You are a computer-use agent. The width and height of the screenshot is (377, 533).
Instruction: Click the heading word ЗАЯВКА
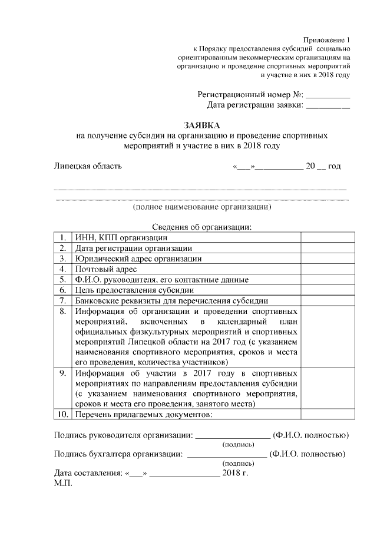[x=201, y=125]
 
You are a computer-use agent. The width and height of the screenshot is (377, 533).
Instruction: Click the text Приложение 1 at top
[x=327, y=39]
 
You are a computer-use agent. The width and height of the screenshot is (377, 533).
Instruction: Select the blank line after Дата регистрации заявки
[x=328, y=105]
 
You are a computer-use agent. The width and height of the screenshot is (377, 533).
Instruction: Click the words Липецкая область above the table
[x=88, y=166]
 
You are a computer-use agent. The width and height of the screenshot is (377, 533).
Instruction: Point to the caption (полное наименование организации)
[x=201, y=207]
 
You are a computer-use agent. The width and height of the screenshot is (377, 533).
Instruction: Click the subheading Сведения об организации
[x=202, y=227]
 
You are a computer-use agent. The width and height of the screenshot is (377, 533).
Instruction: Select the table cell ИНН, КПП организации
[x=120, y=237]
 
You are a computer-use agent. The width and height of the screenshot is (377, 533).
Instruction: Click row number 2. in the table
[x=62, y=248]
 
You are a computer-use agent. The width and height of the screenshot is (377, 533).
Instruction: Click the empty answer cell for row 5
[x=327, y=280]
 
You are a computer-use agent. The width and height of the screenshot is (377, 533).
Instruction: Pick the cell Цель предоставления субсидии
[x=134, y=290]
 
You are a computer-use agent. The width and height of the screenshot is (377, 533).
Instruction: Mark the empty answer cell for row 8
[x=327, y=336]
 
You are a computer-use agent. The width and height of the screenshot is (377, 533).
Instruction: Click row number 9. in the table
[x=62, y=373]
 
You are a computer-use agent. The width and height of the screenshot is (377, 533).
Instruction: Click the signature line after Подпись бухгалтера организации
[x=226, y=455]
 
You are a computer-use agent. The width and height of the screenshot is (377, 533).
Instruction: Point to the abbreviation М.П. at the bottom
[x=62, y=483]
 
